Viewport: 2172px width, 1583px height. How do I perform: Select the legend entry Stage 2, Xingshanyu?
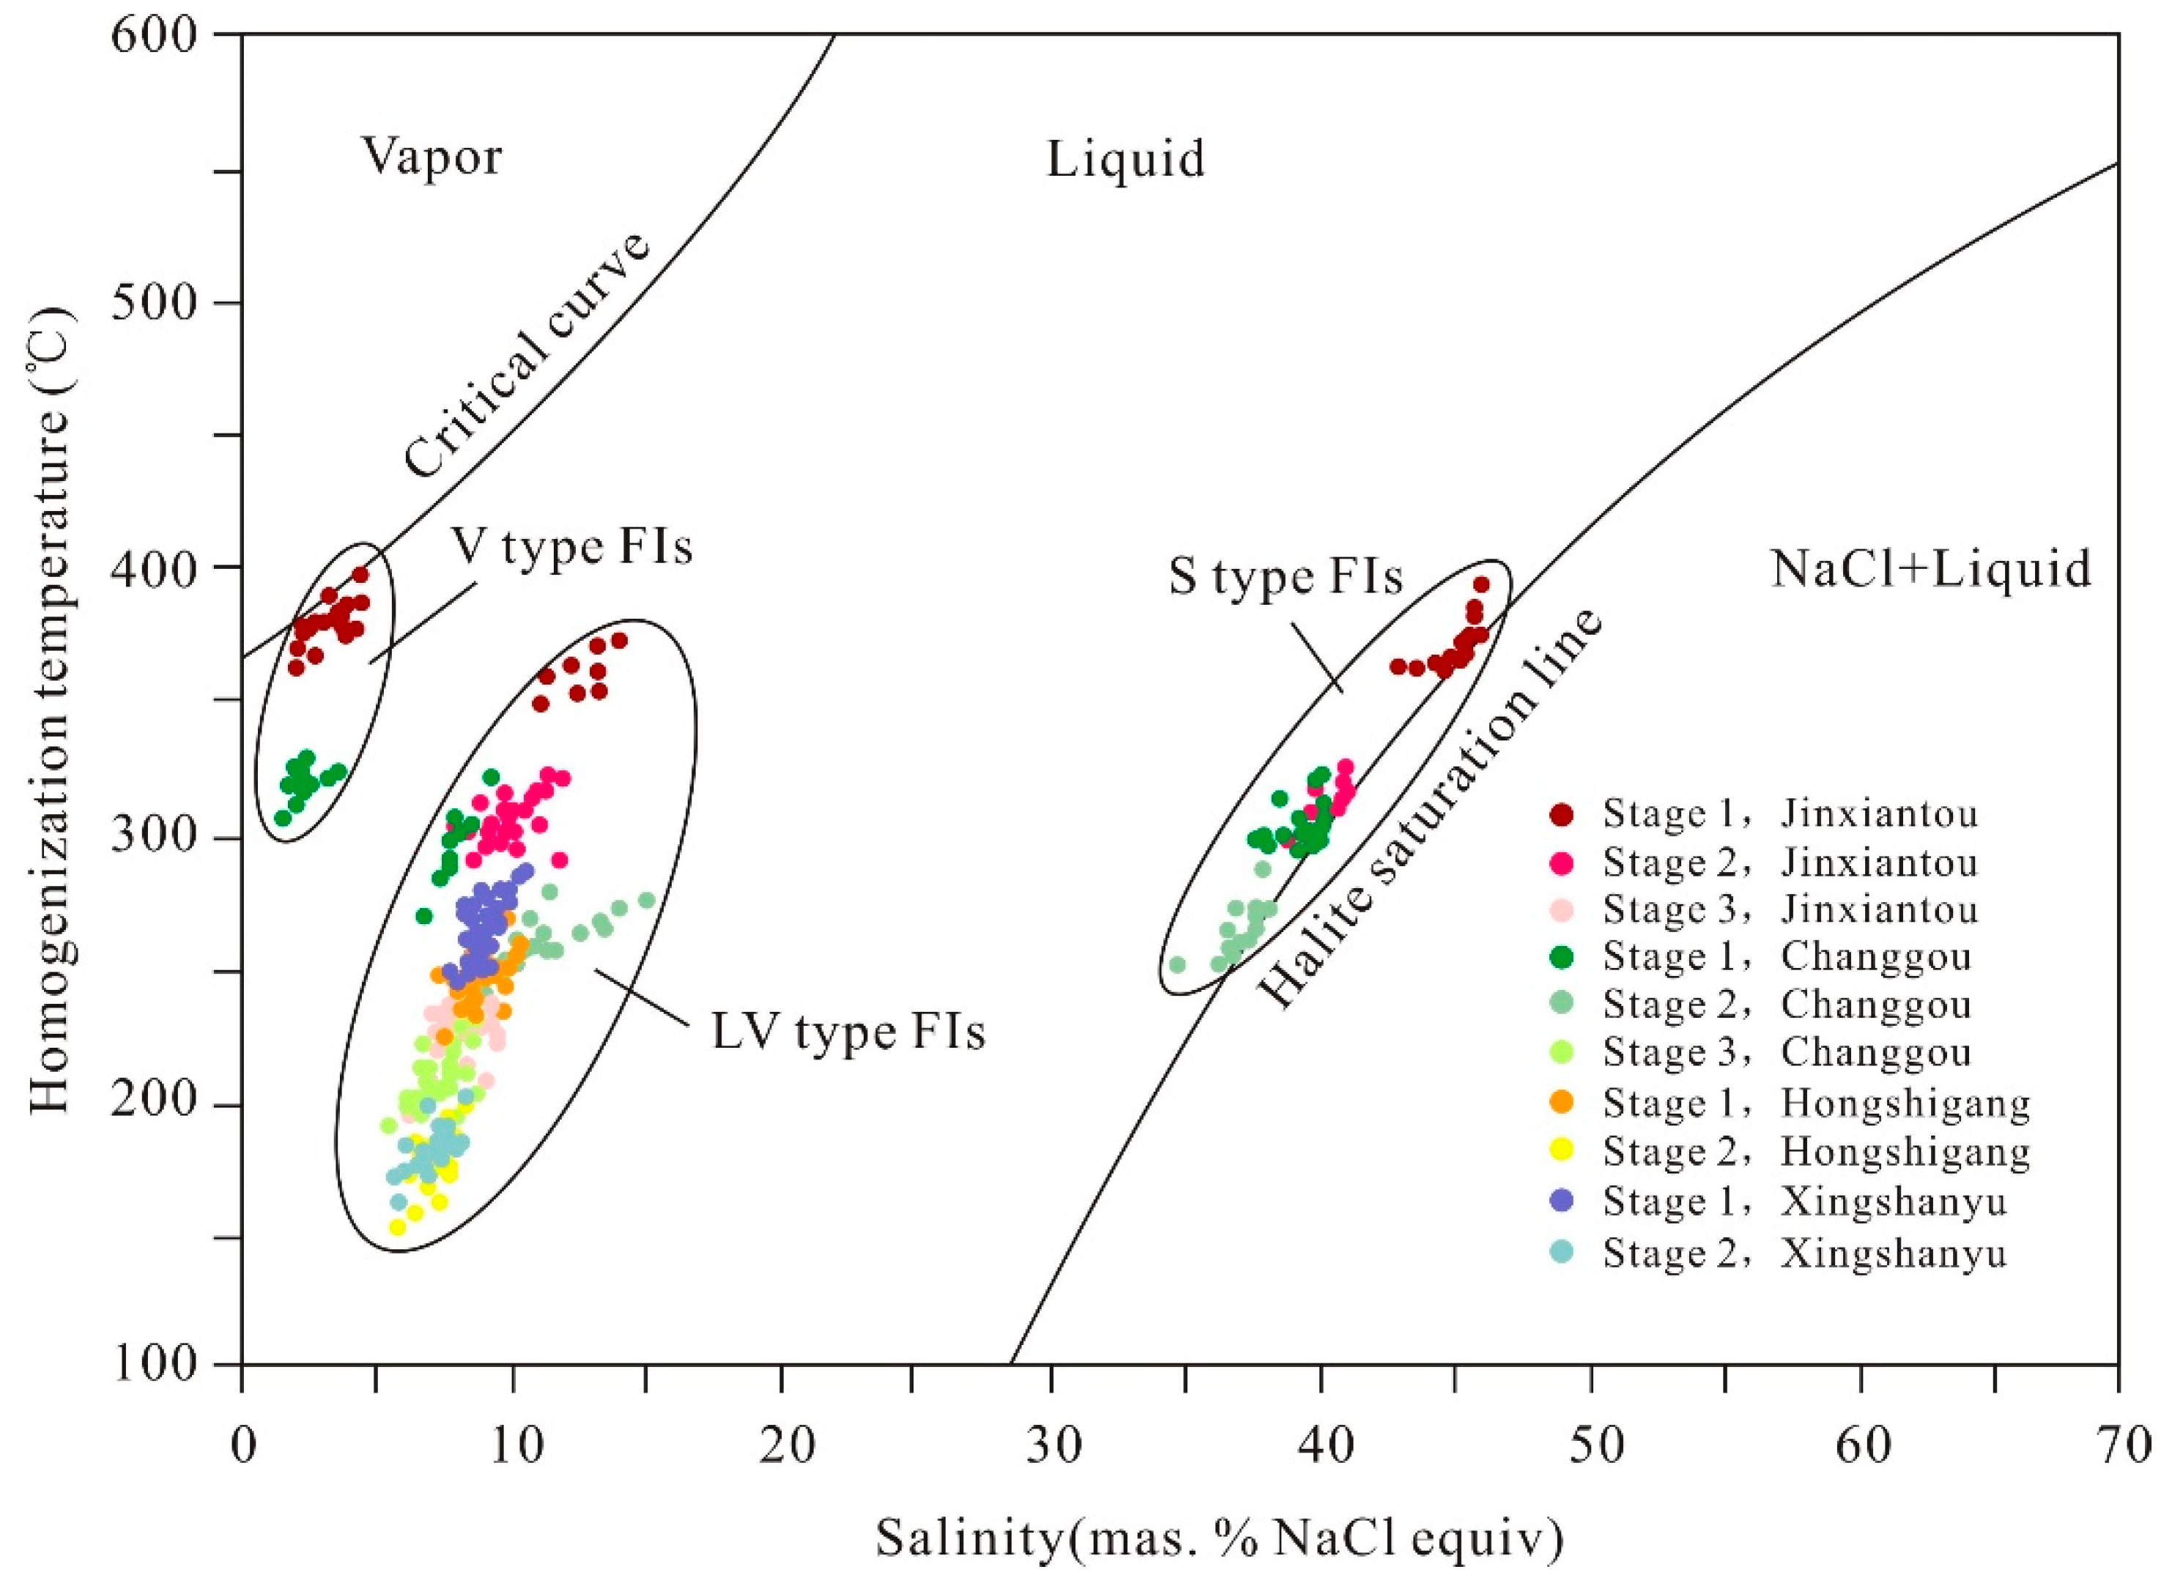click(1803, 1254)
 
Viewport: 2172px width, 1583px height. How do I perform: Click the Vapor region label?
click(431, 156)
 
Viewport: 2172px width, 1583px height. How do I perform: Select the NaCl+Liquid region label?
click(1930, 569)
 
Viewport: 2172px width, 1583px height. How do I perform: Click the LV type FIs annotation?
click(848, 1032)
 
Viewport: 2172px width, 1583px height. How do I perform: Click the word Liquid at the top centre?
click(1124, 159)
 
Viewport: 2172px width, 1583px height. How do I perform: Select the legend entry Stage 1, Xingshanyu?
click(1803, 1202)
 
